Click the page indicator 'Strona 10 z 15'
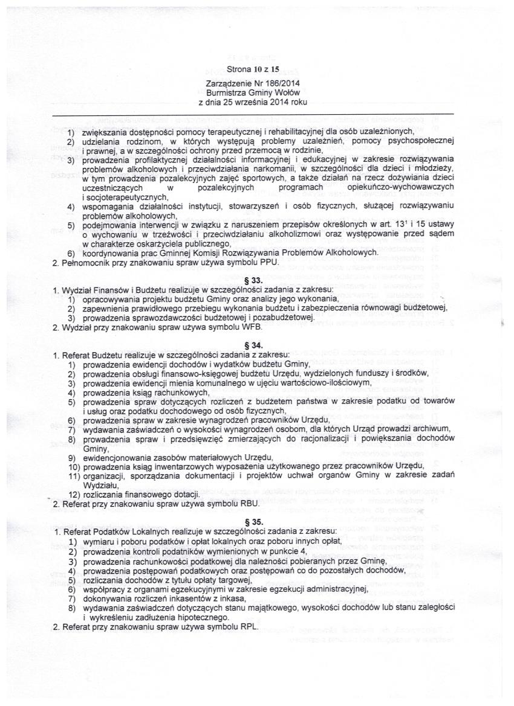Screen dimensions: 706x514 coord(253,69)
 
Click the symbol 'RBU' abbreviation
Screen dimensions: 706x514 coord(249,502)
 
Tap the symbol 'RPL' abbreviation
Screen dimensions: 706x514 coord(248,626)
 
